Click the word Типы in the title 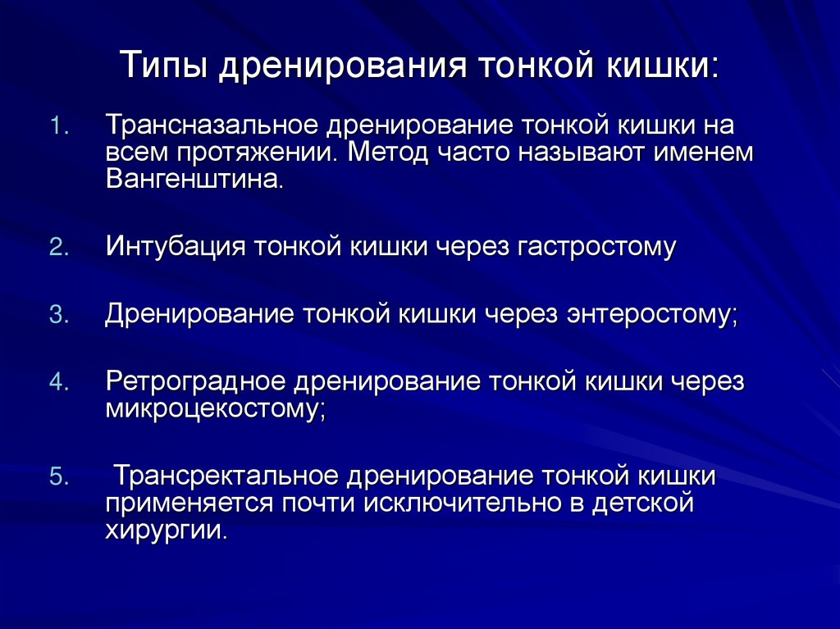(x=163, y=66)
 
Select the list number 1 (x=61, y=128)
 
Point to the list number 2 (x=61, y=248)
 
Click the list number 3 (x=61, y=316)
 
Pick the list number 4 (x=61, y=383)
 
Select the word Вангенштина (x=194, y=179)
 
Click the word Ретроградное (x=194, y=383)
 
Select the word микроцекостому (x=215, y=408)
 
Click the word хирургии (x=164, y=529)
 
